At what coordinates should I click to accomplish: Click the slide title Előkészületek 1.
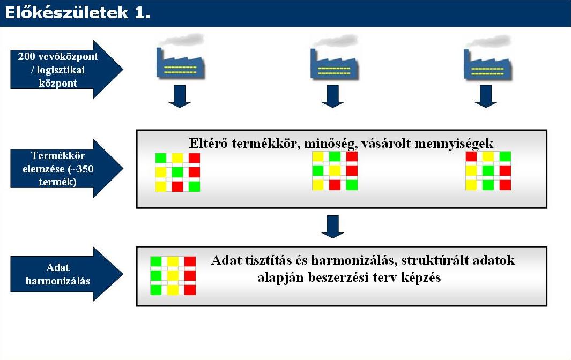pyautogui.click(x=78, y=13)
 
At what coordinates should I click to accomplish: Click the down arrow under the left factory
pyautogui.click(x=180, y=96)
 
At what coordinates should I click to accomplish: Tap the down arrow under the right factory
pyautogui.click(x=486, y=96)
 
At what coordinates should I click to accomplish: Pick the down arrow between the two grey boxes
pyautogui.click(x=332, y=227)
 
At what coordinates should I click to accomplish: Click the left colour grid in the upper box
pyautogui.click(x=177, y=172)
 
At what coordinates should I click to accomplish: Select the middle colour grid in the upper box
pyautogui.click(x=335, y=171)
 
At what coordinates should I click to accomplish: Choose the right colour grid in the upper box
pyautogui.click(x=488, y=171)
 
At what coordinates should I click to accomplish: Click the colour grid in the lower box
pyautogui.click(x=173, y=275)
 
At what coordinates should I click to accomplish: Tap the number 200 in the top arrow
pyautogui.click(x=26, y=56)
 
